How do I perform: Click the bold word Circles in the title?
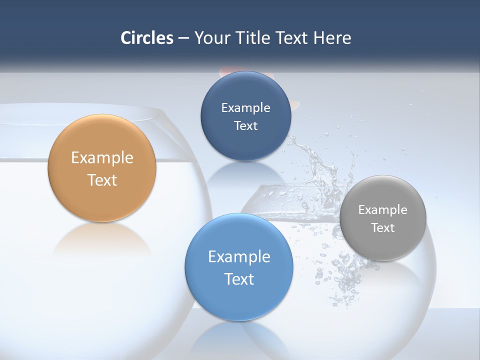click(x=146, y=38)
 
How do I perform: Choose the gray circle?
click(x=382, y=245)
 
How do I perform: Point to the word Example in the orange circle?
click(x=102, y=158)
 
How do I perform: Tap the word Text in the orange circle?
click(x=102, y=180)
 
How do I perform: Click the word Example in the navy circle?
click(x=245, y=107)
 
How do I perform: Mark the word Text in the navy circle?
click(x=245, y=125)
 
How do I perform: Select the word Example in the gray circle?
click(x=382, y=210)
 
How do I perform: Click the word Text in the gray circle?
click(x=382, y=228)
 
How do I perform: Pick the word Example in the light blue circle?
click(x=239, y=257)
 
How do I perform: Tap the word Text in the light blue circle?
click(x=239, y=279)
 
